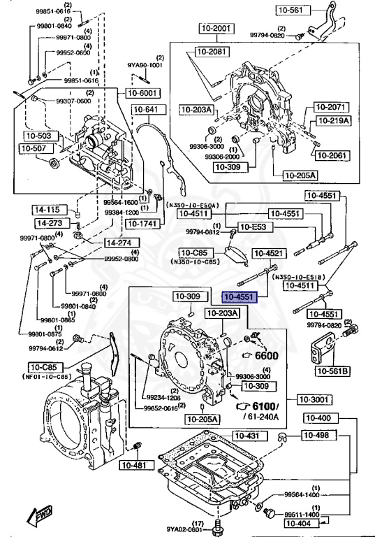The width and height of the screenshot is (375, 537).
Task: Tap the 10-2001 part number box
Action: (x=214, y=29)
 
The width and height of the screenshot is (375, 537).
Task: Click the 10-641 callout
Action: (x=146, y=109)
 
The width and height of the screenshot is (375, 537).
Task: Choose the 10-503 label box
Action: (x=39, y=135)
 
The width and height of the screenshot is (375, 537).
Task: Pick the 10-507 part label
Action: (x=33, y=148)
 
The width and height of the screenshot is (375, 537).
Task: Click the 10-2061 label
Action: (x=329, y=155)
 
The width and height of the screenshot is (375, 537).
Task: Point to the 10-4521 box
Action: (x=268, y=252)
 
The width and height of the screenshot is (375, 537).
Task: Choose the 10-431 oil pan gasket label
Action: (x=246, y=436)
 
